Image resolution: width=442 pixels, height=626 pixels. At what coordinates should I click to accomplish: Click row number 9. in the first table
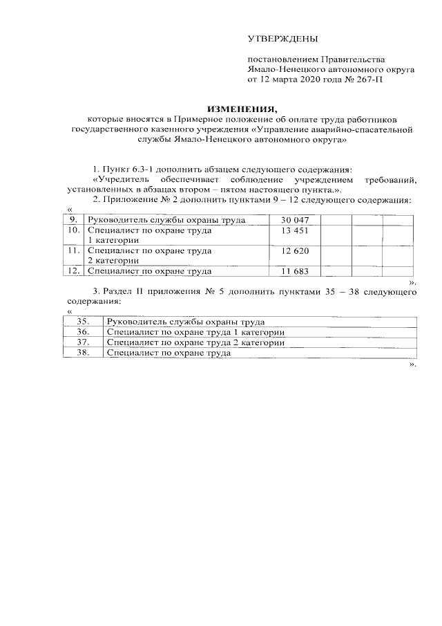click(x=73, y=220)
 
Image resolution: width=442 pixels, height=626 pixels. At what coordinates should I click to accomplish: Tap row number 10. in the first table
click(x=73, y=230)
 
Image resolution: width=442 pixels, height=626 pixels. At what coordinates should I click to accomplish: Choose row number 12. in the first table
click(x=73, y=271)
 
